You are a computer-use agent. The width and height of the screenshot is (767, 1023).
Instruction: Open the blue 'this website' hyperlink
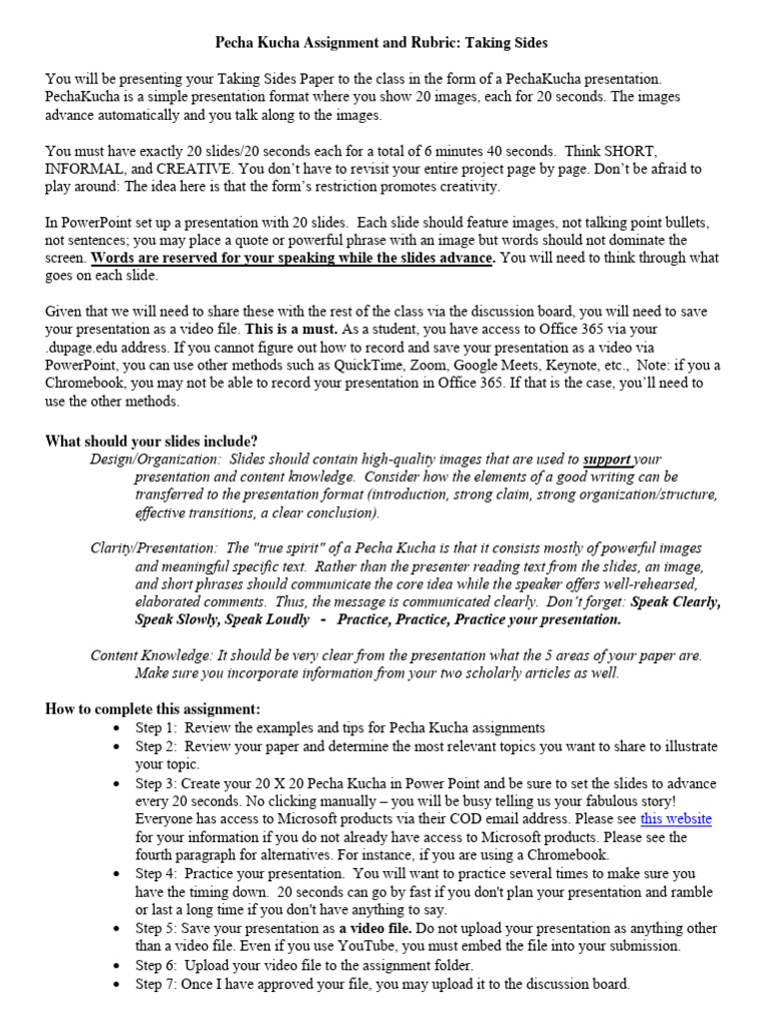(676, 818)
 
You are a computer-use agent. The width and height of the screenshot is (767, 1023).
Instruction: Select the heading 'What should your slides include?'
(151, 442)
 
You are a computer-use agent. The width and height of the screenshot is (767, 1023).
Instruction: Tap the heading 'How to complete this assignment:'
(153, 708)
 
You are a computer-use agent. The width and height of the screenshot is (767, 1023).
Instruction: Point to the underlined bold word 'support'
(607, 460)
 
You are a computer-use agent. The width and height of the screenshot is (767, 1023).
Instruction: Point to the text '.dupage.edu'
(83, 346)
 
